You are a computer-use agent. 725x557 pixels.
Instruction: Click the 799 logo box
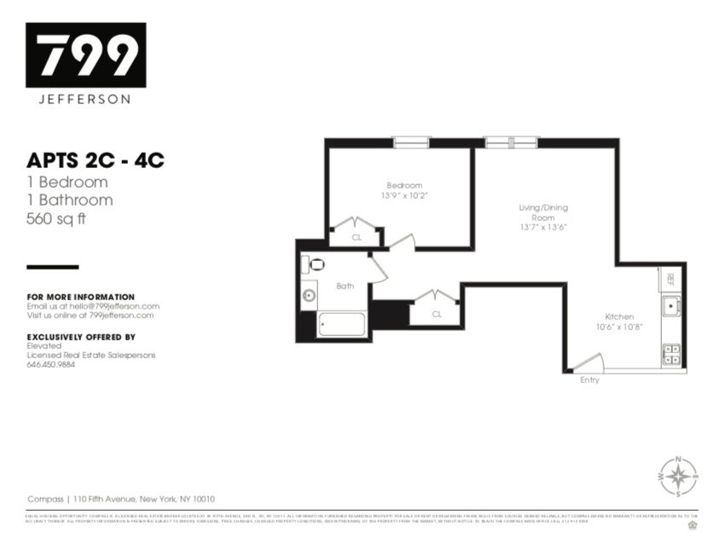click(85, 55)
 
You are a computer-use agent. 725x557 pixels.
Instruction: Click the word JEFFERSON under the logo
click(85, 99)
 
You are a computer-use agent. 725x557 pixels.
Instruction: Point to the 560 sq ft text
click(56, 218)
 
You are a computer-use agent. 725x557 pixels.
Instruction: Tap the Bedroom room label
click(404, 185)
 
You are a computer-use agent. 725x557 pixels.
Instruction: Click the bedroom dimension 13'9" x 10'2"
click(404, 195)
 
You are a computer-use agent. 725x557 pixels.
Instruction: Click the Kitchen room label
click(619, 316)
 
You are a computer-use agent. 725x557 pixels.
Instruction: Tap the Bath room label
click(345, 286)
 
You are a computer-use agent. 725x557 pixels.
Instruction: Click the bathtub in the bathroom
click(341, 325)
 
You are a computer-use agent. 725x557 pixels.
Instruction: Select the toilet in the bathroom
click(314, 264)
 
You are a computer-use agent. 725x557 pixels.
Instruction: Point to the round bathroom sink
click(309, 297)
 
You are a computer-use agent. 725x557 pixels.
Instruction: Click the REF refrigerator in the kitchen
click(671, 278)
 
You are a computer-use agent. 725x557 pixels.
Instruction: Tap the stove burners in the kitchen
click(671, 354)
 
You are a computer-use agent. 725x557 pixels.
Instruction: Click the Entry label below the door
click(589, 380)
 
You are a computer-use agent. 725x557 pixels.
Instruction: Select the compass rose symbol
click(678, 477)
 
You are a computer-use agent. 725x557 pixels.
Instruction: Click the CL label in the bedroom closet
click(357, 237)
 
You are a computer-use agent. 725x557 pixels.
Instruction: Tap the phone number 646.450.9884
click(51, 364)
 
